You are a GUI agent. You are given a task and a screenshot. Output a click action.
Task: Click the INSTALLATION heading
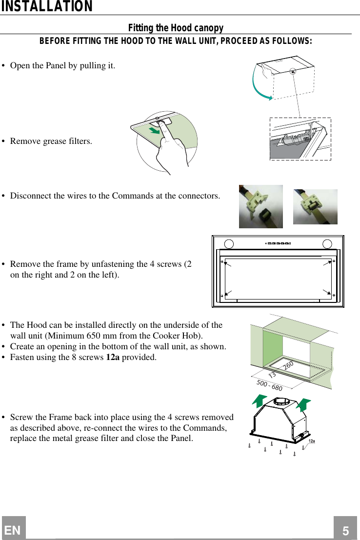(46, 7)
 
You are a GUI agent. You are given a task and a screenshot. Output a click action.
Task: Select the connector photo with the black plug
(260, 206)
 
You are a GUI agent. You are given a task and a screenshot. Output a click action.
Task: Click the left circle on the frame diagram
(228, 243)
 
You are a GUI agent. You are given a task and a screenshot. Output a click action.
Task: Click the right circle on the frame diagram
(328, 243)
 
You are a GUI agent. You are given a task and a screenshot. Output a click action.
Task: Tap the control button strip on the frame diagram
(279, 243)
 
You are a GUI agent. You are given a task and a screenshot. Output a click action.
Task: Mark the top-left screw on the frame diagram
(222, 262)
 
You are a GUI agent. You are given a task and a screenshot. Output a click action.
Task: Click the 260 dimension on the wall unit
(288, 365)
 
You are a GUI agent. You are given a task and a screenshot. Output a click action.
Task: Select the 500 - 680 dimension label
(269, 385)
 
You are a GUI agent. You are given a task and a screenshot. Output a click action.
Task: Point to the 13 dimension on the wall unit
(272, 375)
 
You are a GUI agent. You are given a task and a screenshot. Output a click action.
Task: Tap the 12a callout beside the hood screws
(311, 441)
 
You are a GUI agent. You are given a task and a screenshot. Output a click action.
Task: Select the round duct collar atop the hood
(281, 402)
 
